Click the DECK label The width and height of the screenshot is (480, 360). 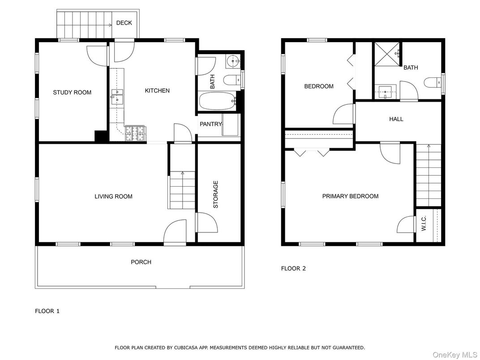124,23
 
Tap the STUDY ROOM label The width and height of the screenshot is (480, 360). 72,93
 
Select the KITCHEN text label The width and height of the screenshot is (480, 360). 157,91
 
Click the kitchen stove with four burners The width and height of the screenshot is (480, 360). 135,133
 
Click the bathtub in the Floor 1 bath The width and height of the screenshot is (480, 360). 217,102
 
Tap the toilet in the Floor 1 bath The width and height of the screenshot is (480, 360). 231,81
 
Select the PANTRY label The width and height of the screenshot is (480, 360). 210,124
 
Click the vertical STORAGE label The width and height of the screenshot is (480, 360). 216,194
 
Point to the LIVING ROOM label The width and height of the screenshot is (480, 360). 113,197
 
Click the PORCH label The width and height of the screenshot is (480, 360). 141,262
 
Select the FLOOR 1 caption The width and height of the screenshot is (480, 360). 47,311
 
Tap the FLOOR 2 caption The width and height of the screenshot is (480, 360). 293,269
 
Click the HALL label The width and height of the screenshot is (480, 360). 396,119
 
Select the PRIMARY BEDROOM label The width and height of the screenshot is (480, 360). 350,196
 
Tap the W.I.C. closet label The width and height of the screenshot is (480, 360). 424,223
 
